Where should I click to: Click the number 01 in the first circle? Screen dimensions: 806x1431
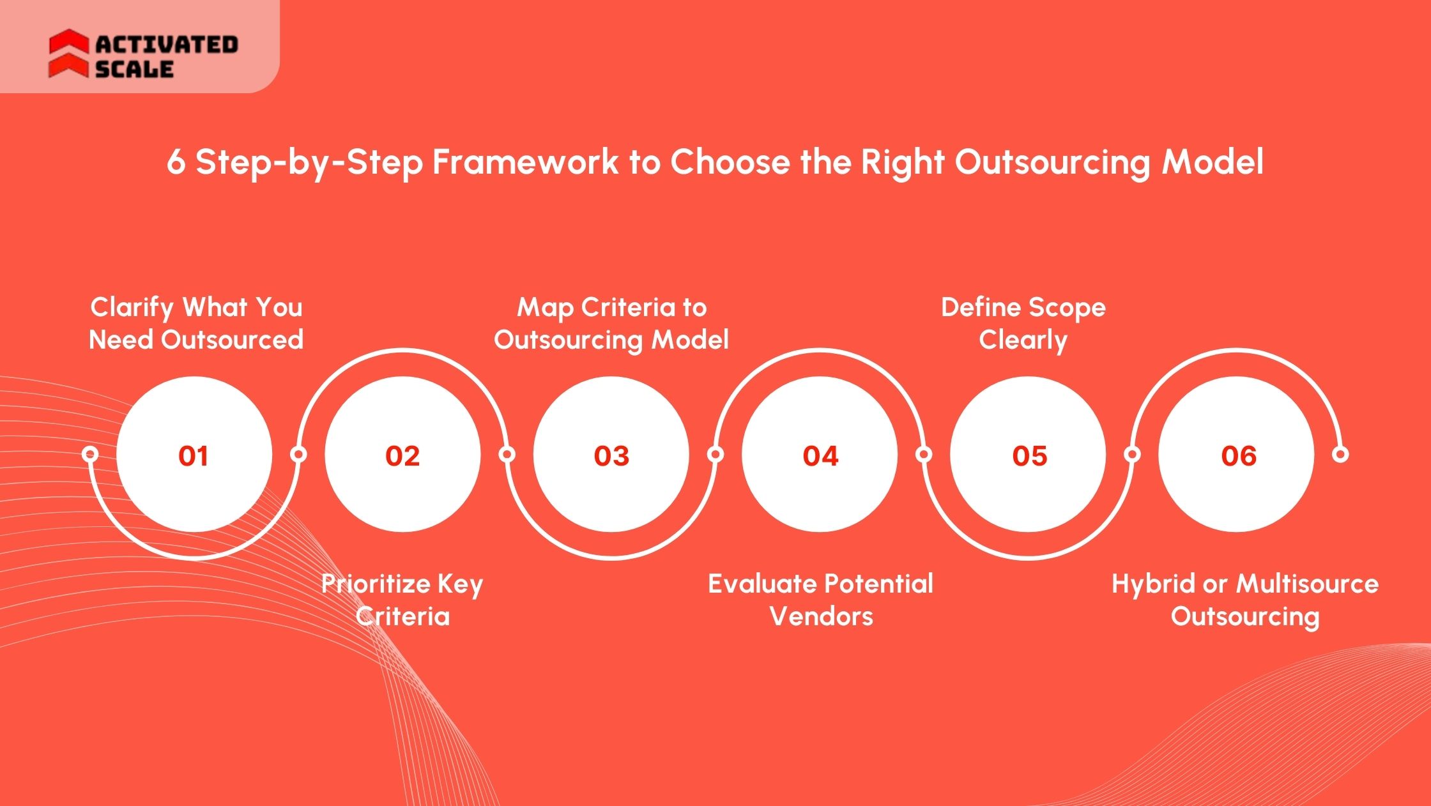(x=193, y=455)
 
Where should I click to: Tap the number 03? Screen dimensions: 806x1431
(x=611, y=455)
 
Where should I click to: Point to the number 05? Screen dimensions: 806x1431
(x=1029, y=455)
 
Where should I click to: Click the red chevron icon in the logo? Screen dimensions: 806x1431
(x=68, y=54)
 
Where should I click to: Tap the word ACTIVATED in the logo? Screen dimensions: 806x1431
(x=167, y=44)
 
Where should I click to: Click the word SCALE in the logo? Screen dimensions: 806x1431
(x=135, y=69)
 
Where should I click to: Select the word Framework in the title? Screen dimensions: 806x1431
(x=525, y=162)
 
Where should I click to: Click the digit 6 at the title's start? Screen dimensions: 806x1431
(x=176, y=162)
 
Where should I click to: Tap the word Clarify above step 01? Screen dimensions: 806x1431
(x=132, y=307)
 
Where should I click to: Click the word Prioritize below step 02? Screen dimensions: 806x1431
(x=376, y=584)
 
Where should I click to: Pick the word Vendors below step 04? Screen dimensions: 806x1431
(x=821, y=616)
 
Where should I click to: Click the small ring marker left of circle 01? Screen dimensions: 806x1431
(x=90, y=454)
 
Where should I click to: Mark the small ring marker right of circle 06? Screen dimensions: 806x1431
(x=1340, y=454)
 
